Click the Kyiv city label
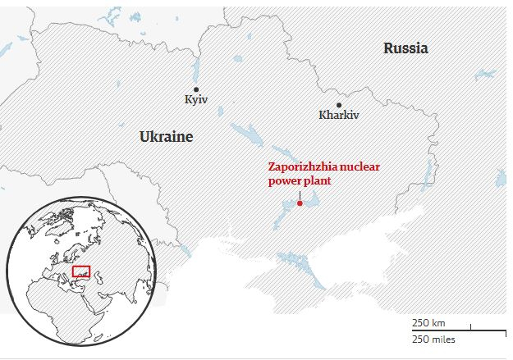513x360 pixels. click(196, 100)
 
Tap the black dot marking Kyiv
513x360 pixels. click(196, 89)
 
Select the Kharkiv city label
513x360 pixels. click(339, 115)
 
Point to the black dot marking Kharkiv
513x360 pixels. click(338, 104)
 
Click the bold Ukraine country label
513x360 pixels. click(166, 137)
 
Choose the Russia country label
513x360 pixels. click(405, 48)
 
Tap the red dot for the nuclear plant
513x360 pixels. click(300, 203)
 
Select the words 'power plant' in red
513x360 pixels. click(300, 180)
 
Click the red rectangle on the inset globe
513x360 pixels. click(81, 271)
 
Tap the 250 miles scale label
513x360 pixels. click(433, 339)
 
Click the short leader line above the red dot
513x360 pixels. click(300, 194)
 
